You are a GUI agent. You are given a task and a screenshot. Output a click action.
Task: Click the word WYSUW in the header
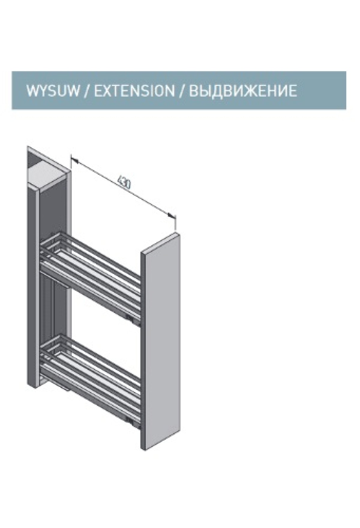pos(53,90)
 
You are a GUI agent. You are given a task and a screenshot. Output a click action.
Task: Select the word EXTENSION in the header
pos(134,90)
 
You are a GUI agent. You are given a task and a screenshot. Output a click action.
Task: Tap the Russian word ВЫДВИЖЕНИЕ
pos(243,90)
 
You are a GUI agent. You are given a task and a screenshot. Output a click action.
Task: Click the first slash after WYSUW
pos(87,90)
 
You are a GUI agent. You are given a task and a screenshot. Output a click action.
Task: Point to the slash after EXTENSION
pos(182,90)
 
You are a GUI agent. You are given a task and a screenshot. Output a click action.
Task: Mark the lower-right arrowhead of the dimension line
pos(172,215)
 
